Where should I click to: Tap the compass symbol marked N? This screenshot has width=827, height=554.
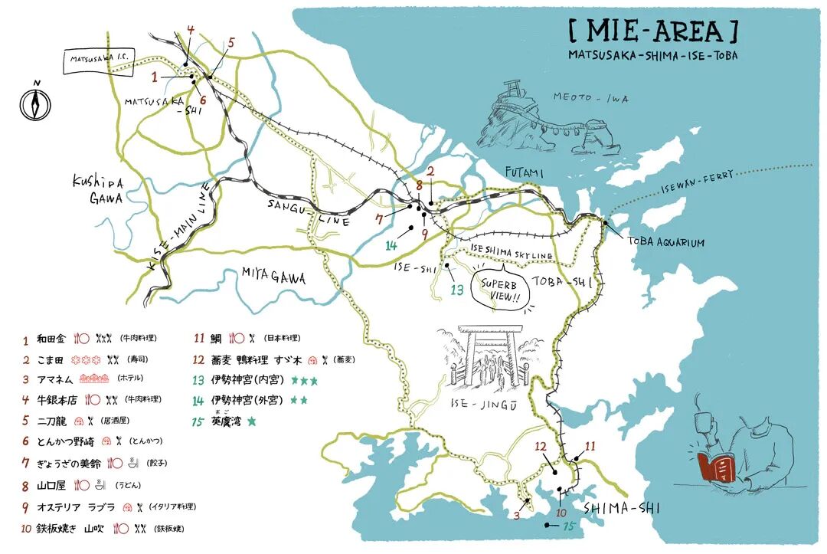point(34,101)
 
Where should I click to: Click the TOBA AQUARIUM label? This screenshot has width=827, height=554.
point(665,242)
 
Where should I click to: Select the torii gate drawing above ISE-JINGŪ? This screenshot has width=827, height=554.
point(490,360)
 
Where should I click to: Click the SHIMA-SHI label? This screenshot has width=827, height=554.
point(622,508)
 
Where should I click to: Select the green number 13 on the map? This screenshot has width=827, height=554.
point(457,290)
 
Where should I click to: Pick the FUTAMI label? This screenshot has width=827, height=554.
point(523,174)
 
